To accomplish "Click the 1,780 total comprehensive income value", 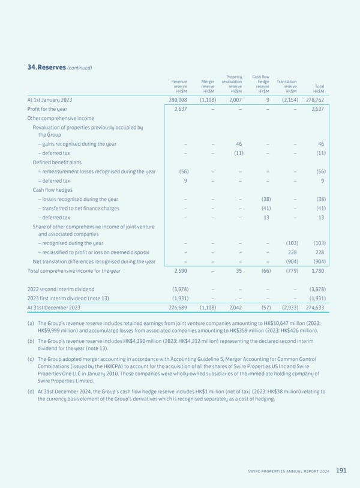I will [317, 271].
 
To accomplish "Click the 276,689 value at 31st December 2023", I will [178, 308].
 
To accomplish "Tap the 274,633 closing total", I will [314, 308].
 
